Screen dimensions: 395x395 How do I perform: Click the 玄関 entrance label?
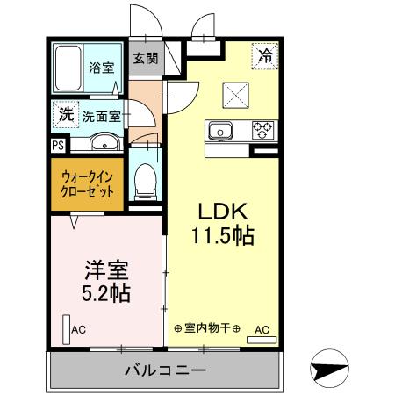tap(145, 59)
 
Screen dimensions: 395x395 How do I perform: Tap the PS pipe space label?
tap(57, 146)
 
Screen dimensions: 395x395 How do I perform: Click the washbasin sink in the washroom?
tap(104, 142)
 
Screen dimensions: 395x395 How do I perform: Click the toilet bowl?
tap(145, 180)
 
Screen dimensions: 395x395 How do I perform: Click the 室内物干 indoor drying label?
tap(207, 328)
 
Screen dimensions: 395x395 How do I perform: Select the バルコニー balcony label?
tap(165, 370)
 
